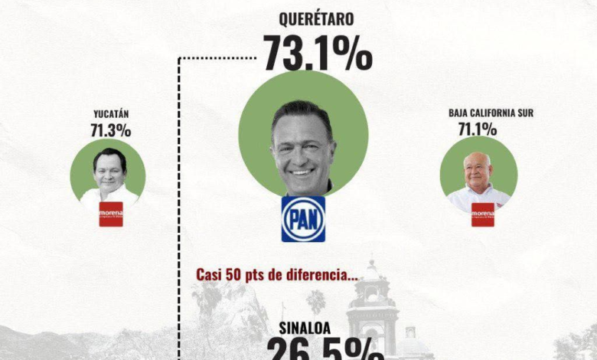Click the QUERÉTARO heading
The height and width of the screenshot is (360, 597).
pos(318,18)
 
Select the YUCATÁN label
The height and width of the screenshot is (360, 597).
pos(110,114)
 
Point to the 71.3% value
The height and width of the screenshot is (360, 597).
pos(110,130)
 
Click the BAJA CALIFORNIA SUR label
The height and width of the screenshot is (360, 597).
pos(491,113)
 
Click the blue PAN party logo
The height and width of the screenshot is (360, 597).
pos(303,219)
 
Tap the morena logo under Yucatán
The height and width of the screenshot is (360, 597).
pos(111,214)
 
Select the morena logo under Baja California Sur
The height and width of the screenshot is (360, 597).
pos(482,214)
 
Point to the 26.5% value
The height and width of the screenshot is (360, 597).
pos(324,349)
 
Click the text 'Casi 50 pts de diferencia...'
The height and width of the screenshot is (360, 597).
pos(276,273)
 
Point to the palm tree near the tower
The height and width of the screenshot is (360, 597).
pos(316,301)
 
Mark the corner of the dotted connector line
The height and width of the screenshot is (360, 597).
pos(180,57)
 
